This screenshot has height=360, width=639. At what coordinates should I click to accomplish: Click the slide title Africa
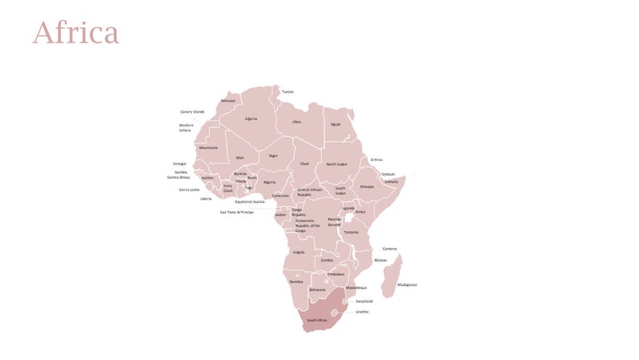[76, 34]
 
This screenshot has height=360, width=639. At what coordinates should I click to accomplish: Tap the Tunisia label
[287, 92]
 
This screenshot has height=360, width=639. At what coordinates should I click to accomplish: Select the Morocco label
[229, 101]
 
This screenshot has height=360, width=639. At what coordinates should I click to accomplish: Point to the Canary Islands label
[192, 112]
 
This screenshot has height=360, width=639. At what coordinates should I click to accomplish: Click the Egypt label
[336, 124]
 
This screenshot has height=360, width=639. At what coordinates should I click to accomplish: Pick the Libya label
[296, 122]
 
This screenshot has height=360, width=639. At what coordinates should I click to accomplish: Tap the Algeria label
[251, 118]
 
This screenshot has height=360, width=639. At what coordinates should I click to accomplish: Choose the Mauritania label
[208, 147]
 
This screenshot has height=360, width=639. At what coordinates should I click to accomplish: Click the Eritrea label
[376, 159]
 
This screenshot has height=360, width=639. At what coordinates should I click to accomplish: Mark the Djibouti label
[388, 174]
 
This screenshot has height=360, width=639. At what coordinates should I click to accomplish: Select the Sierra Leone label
[189, 190]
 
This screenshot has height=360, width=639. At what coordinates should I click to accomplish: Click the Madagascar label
[407, 284]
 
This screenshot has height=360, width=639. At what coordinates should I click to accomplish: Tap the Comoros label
[390, 249]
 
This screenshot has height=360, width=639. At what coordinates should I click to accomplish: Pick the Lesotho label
[362, 312]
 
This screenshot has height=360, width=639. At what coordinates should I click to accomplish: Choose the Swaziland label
[364, 301]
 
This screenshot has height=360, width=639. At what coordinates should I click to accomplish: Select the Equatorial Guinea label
[249, 201]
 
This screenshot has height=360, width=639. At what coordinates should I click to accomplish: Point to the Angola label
[299, 252]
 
